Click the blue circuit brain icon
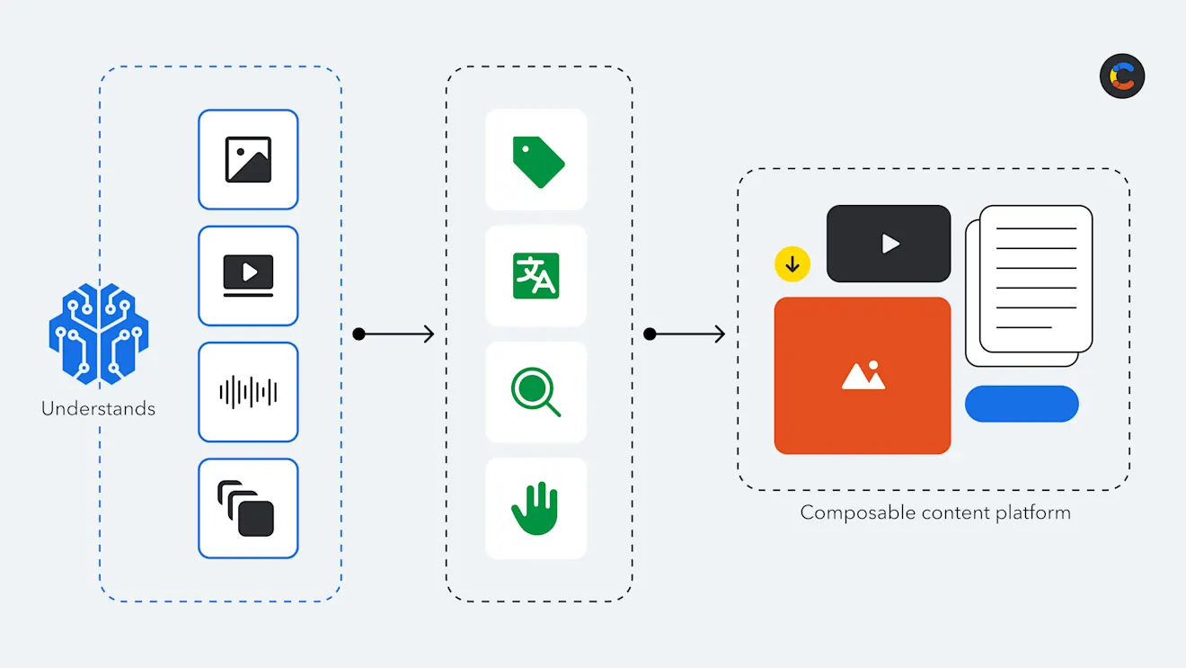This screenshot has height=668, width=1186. tap(98, 330)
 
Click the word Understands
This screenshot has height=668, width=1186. tap(98, 409)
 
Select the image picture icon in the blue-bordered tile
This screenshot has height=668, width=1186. tap(248, 160)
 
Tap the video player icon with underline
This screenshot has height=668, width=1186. tap(248, 275)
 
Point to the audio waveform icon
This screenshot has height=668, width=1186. tap(248, 392)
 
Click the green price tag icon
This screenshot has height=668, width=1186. tap(537, 162)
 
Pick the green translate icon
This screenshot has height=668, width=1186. tap(536, 276)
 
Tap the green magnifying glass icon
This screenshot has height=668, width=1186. tap(535, 393)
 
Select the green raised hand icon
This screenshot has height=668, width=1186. tap(535, 509)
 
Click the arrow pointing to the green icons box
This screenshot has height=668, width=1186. tap(395, 334)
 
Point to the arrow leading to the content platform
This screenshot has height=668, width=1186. tap(686, 334)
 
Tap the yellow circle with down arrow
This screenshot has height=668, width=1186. tap(792, 264)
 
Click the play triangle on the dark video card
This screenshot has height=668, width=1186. tap(889, 244)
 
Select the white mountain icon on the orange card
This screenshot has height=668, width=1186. tap(863, 375)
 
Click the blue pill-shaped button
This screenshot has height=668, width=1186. tap(1022, 404)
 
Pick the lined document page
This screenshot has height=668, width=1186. tap(1035, 278)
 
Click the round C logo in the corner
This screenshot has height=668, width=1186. tap(1122, 76)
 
